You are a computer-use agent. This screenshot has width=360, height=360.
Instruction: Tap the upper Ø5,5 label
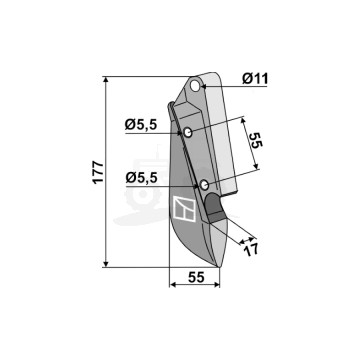tap(140, 124)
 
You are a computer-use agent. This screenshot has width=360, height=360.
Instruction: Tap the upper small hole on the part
tap(186, 132)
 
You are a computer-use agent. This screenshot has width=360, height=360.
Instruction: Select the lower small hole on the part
tap(203, 185)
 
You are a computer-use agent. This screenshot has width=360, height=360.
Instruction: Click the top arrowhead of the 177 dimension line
tap(105, 76)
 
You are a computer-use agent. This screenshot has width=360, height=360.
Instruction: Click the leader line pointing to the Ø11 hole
tap(222, 87)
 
